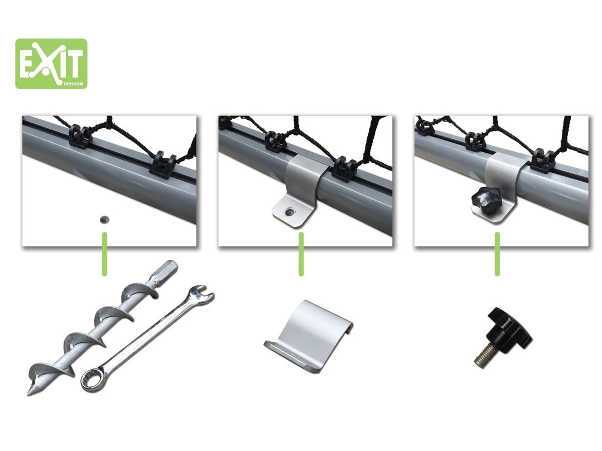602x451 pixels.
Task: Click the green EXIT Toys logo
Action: point(51,64)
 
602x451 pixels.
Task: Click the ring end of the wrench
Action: point(91,380)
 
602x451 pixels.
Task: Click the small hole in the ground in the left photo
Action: point(104,219)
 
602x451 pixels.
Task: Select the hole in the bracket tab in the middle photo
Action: point(289,211)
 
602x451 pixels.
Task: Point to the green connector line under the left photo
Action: point(105,254)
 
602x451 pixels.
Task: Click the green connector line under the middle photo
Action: point(301,254)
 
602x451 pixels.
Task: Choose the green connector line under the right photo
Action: point(498,254)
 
